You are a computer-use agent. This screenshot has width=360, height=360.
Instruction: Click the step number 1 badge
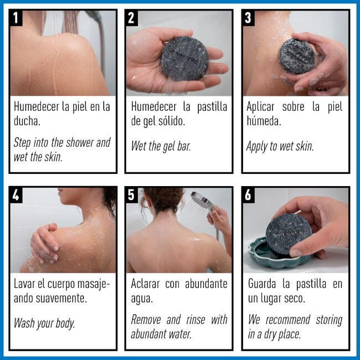pyautogui.click(x=17, y=18)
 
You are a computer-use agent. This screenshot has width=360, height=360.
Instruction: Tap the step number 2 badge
pyautogui.click(x=132, y=18)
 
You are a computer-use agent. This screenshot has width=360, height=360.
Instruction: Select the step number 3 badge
pyautogui.click(x=249, y=18)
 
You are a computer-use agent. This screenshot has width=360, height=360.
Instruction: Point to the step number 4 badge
pyautogui.click(x=17, y=195)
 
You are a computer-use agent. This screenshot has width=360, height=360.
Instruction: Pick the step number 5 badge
pyautogui.click(x=132, y=195)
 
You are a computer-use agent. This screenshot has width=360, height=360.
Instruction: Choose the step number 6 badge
pyautogui.click(x=249, y=195)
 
